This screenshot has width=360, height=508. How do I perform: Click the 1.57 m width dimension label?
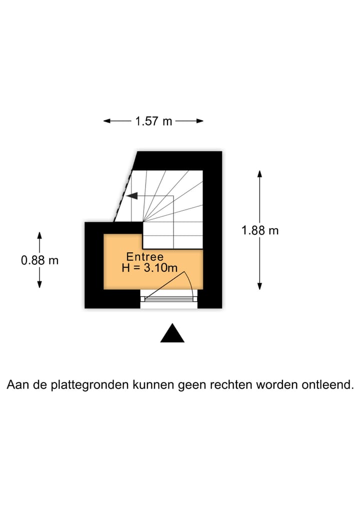click(x=153, y=121)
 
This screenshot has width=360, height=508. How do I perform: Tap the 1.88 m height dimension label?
click(x=260, y=230)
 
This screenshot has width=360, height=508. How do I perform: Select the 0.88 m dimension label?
click(x=39, y=260)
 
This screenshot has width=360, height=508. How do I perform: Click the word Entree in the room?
click(x=144, y=257)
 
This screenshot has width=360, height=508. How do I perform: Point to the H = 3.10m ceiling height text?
click(x=149, y=268)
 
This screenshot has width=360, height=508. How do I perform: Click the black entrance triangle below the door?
click(x=172, y=333)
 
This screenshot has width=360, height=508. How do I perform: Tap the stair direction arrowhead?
click(x=132, y=196)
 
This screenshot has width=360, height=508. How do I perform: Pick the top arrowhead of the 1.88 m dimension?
click(x=259, y=174)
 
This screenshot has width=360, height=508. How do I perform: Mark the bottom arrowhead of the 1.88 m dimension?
click(x=259, y=286)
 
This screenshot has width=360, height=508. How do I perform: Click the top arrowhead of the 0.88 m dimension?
click(x=39, y=236)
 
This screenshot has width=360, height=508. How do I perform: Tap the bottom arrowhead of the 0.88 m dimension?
click(x=39, y=284)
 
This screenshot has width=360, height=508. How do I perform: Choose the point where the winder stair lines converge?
click(x=143, y=222)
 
